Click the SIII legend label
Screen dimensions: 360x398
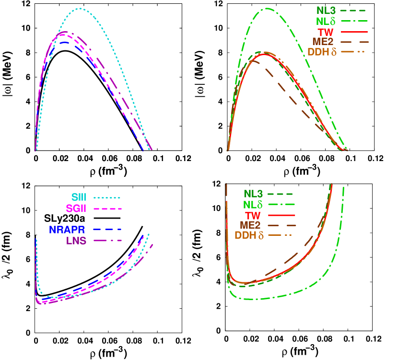79,197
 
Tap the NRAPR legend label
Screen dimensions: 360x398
67,230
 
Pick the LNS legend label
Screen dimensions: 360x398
76,241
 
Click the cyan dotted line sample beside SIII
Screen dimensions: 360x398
107,197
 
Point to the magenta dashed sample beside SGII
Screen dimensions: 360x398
108,209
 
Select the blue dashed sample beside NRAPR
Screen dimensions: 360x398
107,230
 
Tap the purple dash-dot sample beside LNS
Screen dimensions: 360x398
108,240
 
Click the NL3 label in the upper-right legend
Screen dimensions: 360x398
326,10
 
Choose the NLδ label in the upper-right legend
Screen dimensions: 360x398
326,21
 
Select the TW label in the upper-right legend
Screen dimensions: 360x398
326,32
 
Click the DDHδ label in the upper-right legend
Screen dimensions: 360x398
322,52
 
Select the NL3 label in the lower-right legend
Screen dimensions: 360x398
253,194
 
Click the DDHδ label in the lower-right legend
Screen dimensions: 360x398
249,235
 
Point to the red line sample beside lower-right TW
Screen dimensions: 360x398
282,215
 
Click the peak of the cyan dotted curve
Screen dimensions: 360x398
80,9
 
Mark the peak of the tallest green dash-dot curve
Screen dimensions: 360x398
267,8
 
